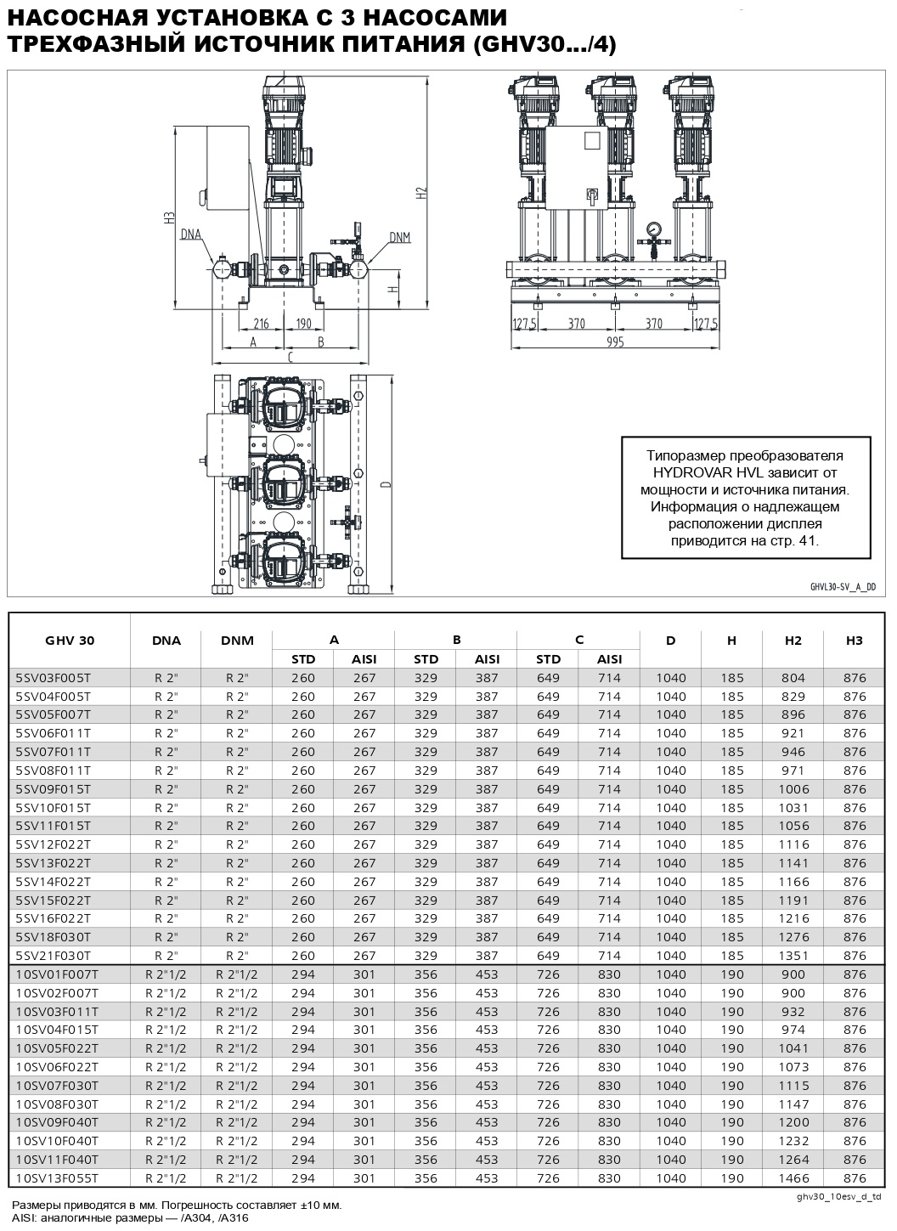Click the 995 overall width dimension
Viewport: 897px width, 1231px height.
click(x=615, y=342)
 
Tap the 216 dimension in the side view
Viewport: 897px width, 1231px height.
click(x=261, y=324)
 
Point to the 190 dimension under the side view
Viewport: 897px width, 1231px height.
click(x=304, y=324)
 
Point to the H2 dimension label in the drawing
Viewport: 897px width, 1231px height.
click(x=422, y=195)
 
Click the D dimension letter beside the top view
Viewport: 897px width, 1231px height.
click(x=386, y=484)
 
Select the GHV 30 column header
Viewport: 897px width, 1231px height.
click(x=69, y=641)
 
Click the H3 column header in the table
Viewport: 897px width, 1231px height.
click(x=854, y=641)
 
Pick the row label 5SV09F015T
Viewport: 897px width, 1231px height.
click(x=53, y=789)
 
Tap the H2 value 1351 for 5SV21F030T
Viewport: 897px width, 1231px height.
click(x=793, y=956)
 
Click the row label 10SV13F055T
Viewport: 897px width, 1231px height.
click(x=57, y=1178)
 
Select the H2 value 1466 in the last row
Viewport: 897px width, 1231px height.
click(x=793, y=1178)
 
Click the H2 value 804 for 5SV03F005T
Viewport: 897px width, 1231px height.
click(x=793, y=678)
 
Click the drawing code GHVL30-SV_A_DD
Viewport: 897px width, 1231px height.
click(x=842, y=587)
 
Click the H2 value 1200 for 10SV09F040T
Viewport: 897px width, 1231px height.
click(x=793, y=1122)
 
